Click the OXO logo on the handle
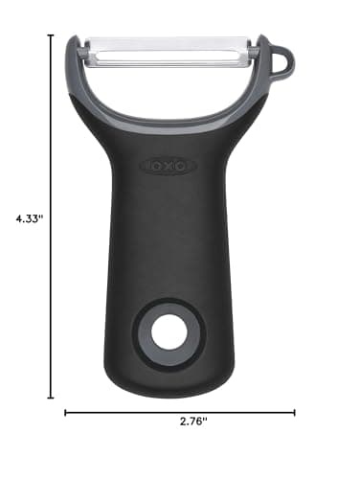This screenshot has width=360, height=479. (x=169, y=166)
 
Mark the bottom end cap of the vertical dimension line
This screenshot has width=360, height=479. (x=51, y=398)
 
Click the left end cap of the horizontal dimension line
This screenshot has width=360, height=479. (x=65, y=413)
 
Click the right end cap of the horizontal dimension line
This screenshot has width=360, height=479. (x=295, y=413)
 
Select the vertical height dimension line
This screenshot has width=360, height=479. (x=51, y=287)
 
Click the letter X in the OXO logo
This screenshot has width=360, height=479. (x=169, y=166)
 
